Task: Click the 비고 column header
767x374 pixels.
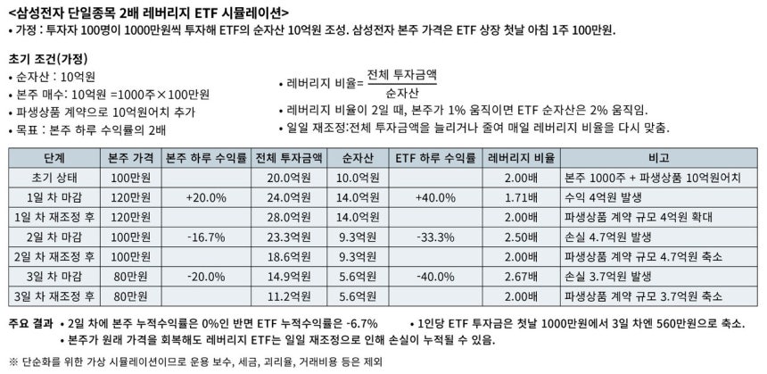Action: (x=659, y=159)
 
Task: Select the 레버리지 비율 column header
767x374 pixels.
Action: (x=522, y=159)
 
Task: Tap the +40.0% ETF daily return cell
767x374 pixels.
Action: (x=436, y=198)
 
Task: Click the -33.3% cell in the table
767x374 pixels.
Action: (x=436, y=237)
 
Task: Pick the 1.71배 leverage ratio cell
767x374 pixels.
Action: (x=522, y=198)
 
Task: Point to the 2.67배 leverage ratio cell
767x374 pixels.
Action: (x=522, y=277)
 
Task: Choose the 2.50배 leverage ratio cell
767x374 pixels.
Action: (x=522, y=237)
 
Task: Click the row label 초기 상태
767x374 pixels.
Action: (x=54, y=179)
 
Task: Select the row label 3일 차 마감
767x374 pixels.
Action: (x=54, y=277)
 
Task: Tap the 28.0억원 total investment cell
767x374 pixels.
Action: (x=289, y=218)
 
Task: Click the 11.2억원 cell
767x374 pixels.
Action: (x=289, y=296)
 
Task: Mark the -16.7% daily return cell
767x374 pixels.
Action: (x=206, y=237)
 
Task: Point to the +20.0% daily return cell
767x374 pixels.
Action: (x=206, y=198)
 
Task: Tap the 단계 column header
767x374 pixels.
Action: (x=54, y=159)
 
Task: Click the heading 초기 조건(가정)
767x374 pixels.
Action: (x=48, y=59)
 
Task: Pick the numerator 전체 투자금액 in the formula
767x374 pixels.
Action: (x=401, y=75)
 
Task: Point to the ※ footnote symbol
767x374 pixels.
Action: (x=13, y=362)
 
